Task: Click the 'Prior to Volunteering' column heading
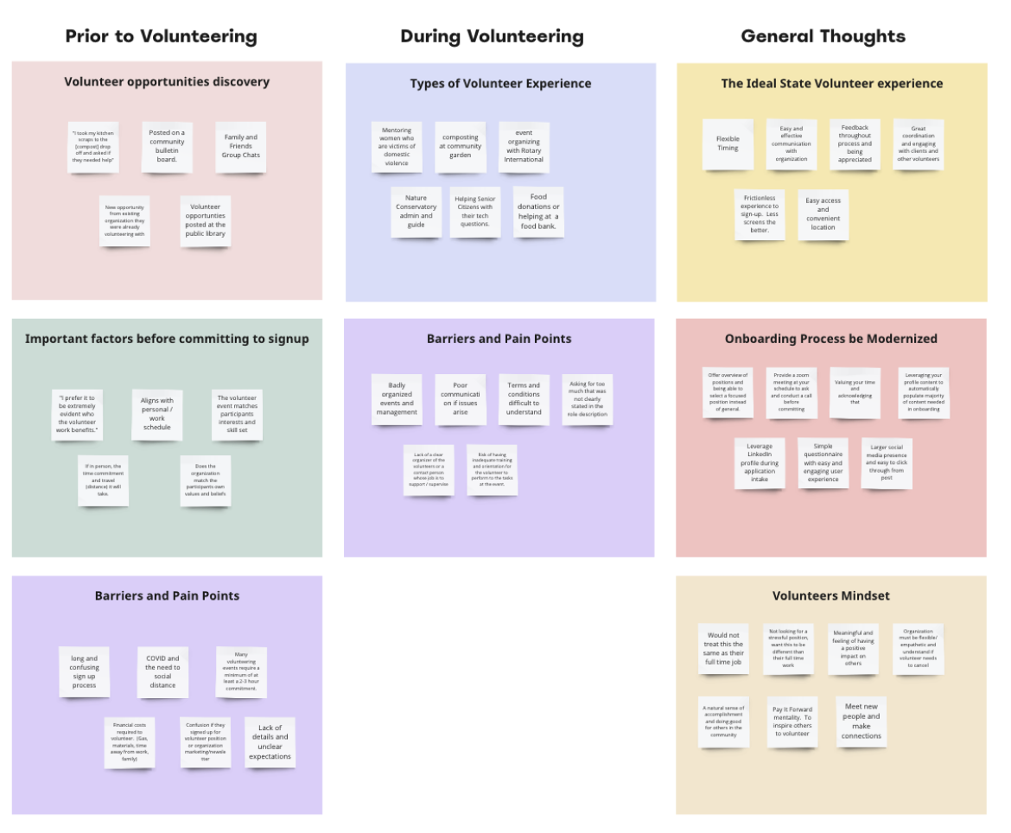pyautogui.click(x=162, y=36)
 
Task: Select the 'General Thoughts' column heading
pyautogui.click(x=823, y=36)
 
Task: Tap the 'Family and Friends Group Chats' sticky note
pyautogui.click(x=241, y=146)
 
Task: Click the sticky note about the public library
pyautogui.click(x=206, y=220)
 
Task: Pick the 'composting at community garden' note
pyautogui.click(x=461, y=146)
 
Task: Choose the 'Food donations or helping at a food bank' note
pyautogui.click(x=538, y=212)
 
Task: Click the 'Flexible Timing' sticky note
pyautogui.click(x=728, y=143)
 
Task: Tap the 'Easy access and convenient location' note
pyautogui.click(x=823, y=213)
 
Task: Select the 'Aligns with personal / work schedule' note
pyautogui.click(x=157, y=413)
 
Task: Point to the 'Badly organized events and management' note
pyautogui.click(x=397, y=398)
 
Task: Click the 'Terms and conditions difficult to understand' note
pyautogui.click(x=524, y=398)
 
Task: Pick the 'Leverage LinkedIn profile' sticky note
pyautogui.click(x=760, y=462)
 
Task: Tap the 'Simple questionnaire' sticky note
pyautogui.click(x=823, y=462)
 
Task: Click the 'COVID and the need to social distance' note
pyautogui.click(x=162, y=671)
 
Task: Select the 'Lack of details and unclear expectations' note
pyautogui.click(x=270, y=741)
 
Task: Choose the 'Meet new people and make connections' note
pyautogui.click(x=861, y=722)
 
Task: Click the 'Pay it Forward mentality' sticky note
pyautogui.click(x=792, y=722)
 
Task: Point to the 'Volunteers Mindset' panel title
pyautogui.click(x=830, y=595)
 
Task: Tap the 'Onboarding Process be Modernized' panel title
pyautogui.click(x=830, y=339)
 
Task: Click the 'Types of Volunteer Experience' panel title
pyautogui.click(x=500, y=84)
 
